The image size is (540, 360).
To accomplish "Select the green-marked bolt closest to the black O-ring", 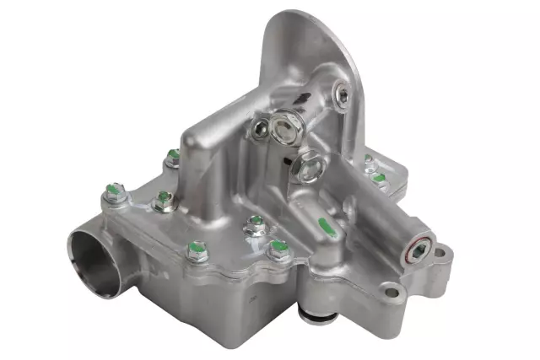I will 279,248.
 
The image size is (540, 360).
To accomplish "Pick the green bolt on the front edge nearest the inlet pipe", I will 197,249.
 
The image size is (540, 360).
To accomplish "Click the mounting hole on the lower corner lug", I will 391,293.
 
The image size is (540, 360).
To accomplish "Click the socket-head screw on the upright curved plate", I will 341,95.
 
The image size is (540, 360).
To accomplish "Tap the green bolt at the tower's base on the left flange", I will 173,156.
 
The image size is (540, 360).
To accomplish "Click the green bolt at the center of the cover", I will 256,223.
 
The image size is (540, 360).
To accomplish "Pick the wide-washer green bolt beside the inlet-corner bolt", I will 163,199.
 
